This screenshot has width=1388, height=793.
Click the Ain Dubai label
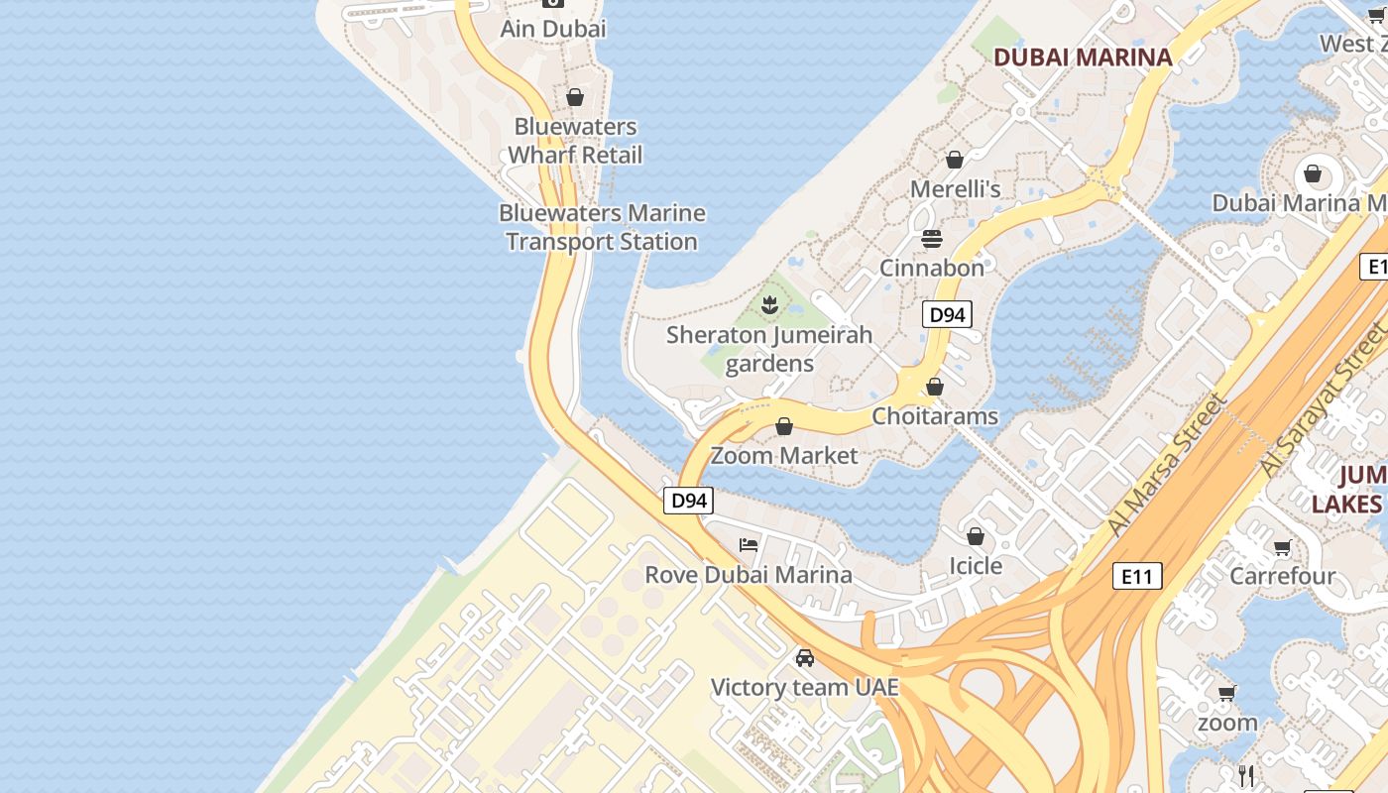tap(552, 29)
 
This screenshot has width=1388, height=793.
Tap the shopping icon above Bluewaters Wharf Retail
tap(574, 97)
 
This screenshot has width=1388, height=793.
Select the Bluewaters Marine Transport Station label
tap(602, 227)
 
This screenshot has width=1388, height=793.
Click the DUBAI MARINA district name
tap(1083, 57)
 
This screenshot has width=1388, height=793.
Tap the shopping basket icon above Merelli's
tap(955, 160)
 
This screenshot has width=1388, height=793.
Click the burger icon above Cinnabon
tap(932, 239)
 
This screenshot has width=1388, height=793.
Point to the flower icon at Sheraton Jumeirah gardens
tap(769, 304)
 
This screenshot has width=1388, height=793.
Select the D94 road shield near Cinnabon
tap(947, 315)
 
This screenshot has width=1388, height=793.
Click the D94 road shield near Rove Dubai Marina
tap(688, 501)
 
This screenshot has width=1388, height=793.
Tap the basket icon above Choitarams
tap(935, 387)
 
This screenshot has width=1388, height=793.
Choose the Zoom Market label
tap(784, 456)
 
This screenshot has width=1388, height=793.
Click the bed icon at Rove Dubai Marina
tap(749, 545)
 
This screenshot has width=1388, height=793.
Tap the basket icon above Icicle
tap(976, 536)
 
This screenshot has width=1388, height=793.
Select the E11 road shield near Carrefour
tap(1136, 576)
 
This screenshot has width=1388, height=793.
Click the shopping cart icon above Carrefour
tap(1283, 547)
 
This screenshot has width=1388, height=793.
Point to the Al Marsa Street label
tap(1168, 464)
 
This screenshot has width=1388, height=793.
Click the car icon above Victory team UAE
tap(805, 657)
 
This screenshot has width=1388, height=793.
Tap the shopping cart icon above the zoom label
tap(1227, 693)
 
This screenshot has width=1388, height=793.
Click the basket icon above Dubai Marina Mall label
tap(1313, 174)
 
